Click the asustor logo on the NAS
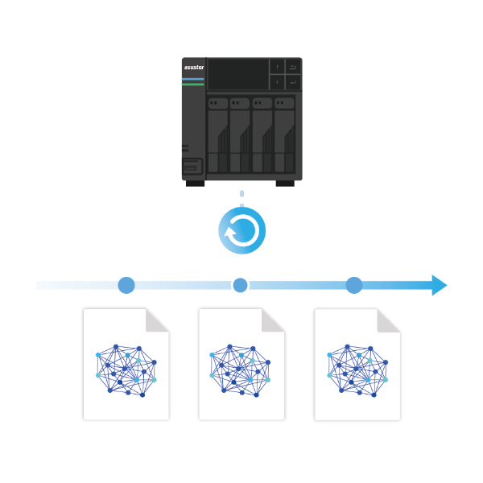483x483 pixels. (194, 67)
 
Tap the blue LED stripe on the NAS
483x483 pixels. (193, 79)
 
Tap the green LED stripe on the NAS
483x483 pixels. (193, 85)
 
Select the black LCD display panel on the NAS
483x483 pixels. (237, 74)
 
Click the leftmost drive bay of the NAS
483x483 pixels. (218, 135)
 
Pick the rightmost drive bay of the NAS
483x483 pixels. (284, 135)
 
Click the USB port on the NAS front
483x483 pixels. (192, 167)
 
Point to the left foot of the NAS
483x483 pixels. (196, 184)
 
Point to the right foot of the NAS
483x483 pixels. (285, 184)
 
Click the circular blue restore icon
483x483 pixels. (242, 231)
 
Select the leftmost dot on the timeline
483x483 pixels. (126, 285)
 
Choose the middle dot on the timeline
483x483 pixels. (240, 285)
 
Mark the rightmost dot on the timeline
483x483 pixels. (354, 285)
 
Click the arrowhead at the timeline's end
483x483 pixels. (439, 285)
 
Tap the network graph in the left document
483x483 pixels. (126, 370)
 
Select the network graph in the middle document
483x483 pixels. (240, 370)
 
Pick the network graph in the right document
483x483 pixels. (357, 370)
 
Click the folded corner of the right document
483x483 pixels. (386, 323)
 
